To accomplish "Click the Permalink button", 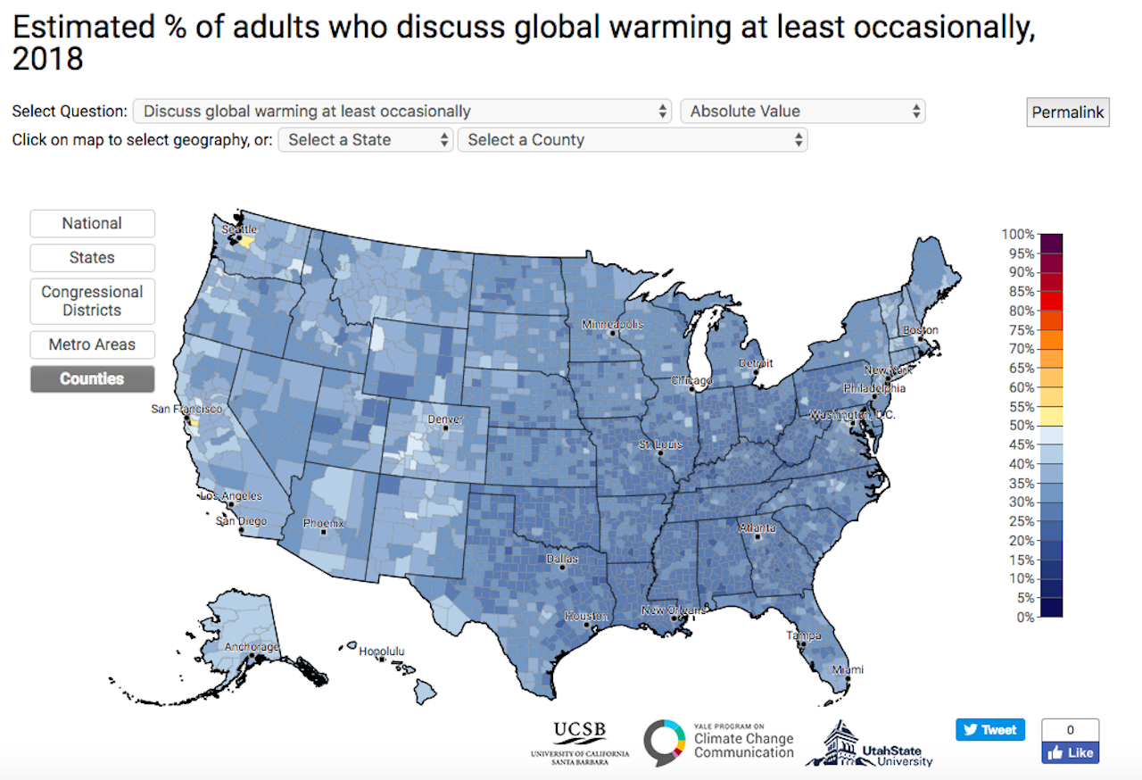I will click(x=1067, y=112).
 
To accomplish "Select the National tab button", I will click(x=92, y=223).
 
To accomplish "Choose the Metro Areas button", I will click(x=92, y=344).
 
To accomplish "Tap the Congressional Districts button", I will click(x=92, y=301).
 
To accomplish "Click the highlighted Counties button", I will click(x=92, y=378).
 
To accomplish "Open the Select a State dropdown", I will click(x=366, y=140).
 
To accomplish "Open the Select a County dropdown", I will click(x=632, y=140).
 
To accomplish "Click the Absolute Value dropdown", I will click(x=802, y=112).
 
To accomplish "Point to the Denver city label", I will click(x=445, y=419).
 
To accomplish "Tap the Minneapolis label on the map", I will click(x=612, y=324).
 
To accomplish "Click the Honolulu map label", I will click(x=381, y=651).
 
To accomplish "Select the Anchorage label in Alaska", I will click(x=251, y=647).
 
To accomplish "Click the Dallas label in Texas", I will click(x=562, y=560).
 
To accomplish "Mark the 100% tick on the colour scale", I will click(x=1017, y=235).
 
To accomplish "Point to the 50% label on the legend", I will click(x=1021, y=426).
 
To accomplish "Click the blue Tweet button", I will click(x=990, y=729).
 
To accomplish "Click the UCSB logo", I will click(x=580, y=741).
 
